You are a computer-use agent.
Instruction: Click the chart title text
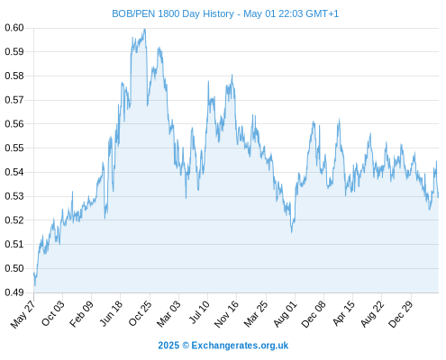click(225, 13)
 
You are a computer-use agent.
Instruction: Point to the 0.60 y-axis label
click(14, 28)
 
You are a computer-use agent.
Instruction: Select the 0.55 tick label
click(14, 148)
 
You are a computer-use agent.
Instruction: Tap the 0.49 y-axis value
click(14, 292)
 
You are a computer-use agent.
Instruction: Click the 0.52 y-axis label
click(14, 220)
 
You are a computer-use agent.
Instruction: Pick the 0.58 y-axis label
click(14, 76)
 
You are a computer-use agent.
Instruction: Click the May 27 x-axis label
click(23, 314)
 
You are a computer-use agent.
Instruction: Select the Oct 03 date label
click(53, 313)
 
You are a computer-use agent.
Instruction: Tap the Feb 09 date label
click(82, 313)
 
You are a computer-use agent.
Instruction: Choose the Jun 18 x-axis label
click(111, 313)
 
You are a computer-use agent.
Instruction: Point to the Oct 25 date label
click(141, 313)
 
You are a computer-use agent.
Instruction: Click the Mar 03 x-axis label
click(168, 313)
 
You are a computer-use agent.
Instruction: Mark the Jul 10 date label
click(199, 312)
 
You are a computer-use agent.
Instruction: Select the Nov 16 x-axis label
click(226, 314)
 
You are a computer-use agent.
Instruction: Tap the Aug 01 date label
click(286, 313)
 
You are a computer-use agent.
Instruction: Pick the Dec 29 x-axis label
click(401, 313)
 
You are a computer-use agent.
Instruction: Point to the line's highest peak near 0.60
click(145, 29)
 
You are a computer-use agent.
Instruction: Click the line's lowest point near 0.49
click(35, 285)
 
